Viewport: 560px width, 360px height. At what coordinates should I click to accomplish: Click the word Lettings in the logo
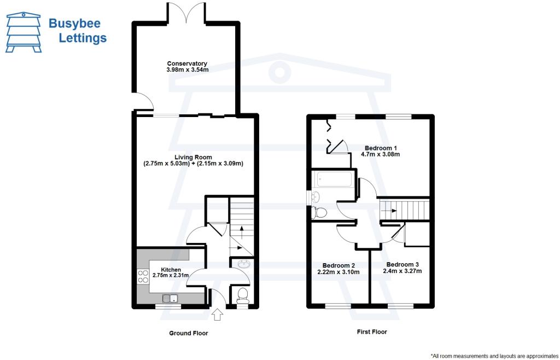(x=82, y=38)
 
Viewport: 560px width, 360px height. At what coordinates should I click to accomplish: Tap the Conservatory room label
(x=187, y=63)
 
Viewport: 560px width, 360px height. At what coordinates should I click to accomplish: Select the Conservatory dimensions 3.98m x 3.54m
(x=187, y=71)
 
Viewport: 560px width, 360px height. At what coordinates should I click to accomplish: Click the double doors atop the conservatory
(x=187, y=13)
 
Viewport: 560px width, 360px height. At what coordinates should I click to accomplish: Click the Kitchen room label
(x=171, y=270)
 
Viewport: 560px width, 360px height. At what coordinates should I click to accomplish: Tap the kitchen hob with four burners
(x=143, y=276)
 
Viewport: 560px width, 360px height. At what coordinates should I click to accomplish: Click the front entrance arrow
(x=217, y=315)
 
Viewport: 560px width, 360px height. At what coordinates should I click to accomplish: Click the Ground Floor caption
(x=188, y=333)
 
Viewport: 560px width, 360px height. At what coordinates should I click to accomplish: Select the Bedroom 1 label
(x=381, y=148)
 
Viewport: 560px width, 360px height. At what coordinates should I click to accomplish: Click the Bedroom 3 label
(x=402, y=264)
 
